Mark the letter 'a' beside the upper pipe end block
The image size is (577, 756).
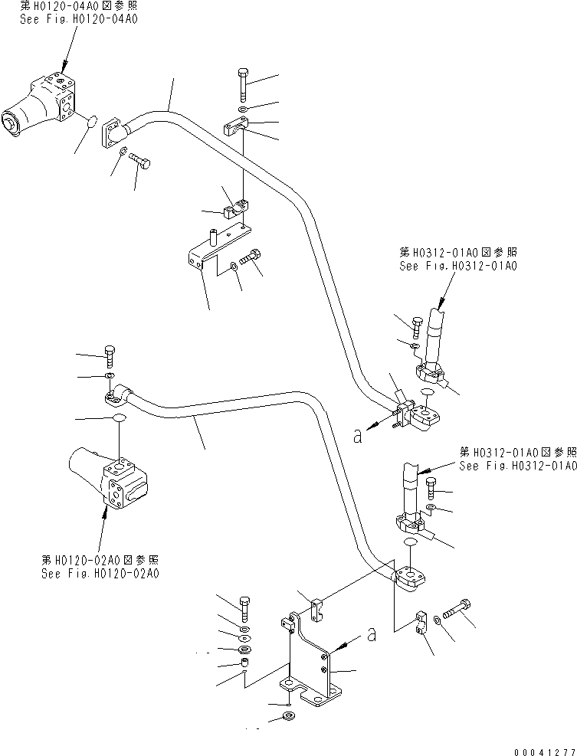click(x=358, y=436)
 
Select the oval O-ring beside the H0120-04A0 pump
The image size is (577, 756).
click(x=89, y=122)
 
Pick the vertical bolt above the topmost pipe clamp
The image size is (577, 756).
click(x=243, y=83)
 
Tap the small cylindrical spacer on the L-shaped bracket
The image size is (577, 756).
click(x=208, y=231)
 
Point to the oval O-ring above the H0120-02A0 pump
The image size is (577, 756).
click(x=119, y=418)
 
